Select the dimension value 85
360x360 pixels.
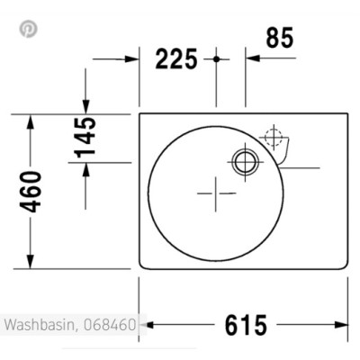tap(280, 38)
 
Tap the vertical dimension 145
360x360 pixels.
tap(85, 136)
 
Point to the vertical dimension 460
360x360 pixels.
tap(31, 191)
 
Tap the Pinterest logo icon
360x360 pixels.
tap(29, 28)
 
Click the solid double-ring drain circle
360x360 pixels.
tap(244, 162)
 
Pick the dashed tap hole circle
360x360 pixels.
tap(271, 139)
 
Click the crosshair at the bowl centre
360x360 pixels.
tap(216, 192)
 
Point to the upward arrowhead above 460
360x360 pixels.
tap(31, 121)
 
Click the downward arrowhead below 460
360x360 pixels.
tap(31, 262)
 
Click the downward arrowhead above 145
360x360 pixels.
tap(85, 107)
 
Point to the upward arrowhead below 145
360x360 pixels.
tap(85, 170)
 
